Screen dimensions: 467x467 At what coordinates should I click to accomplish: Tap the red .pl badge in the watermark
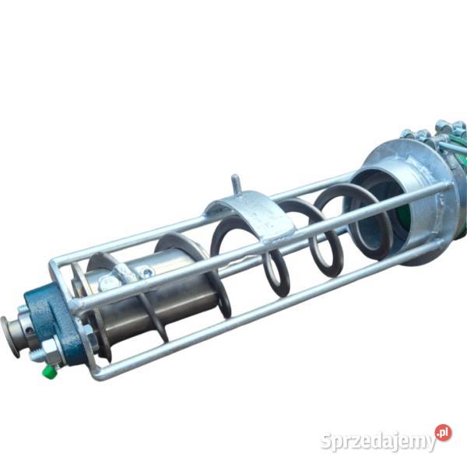coord(443,433)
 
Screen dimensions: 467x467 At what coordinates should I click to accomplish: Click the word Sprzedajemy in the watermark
coord(378,441)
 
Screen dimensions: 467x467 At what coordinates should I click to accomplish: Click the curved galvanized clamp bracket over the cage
coord(253,215)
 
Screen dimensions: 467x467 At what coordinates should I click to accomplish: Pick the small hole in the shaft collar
coord(28,330)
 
